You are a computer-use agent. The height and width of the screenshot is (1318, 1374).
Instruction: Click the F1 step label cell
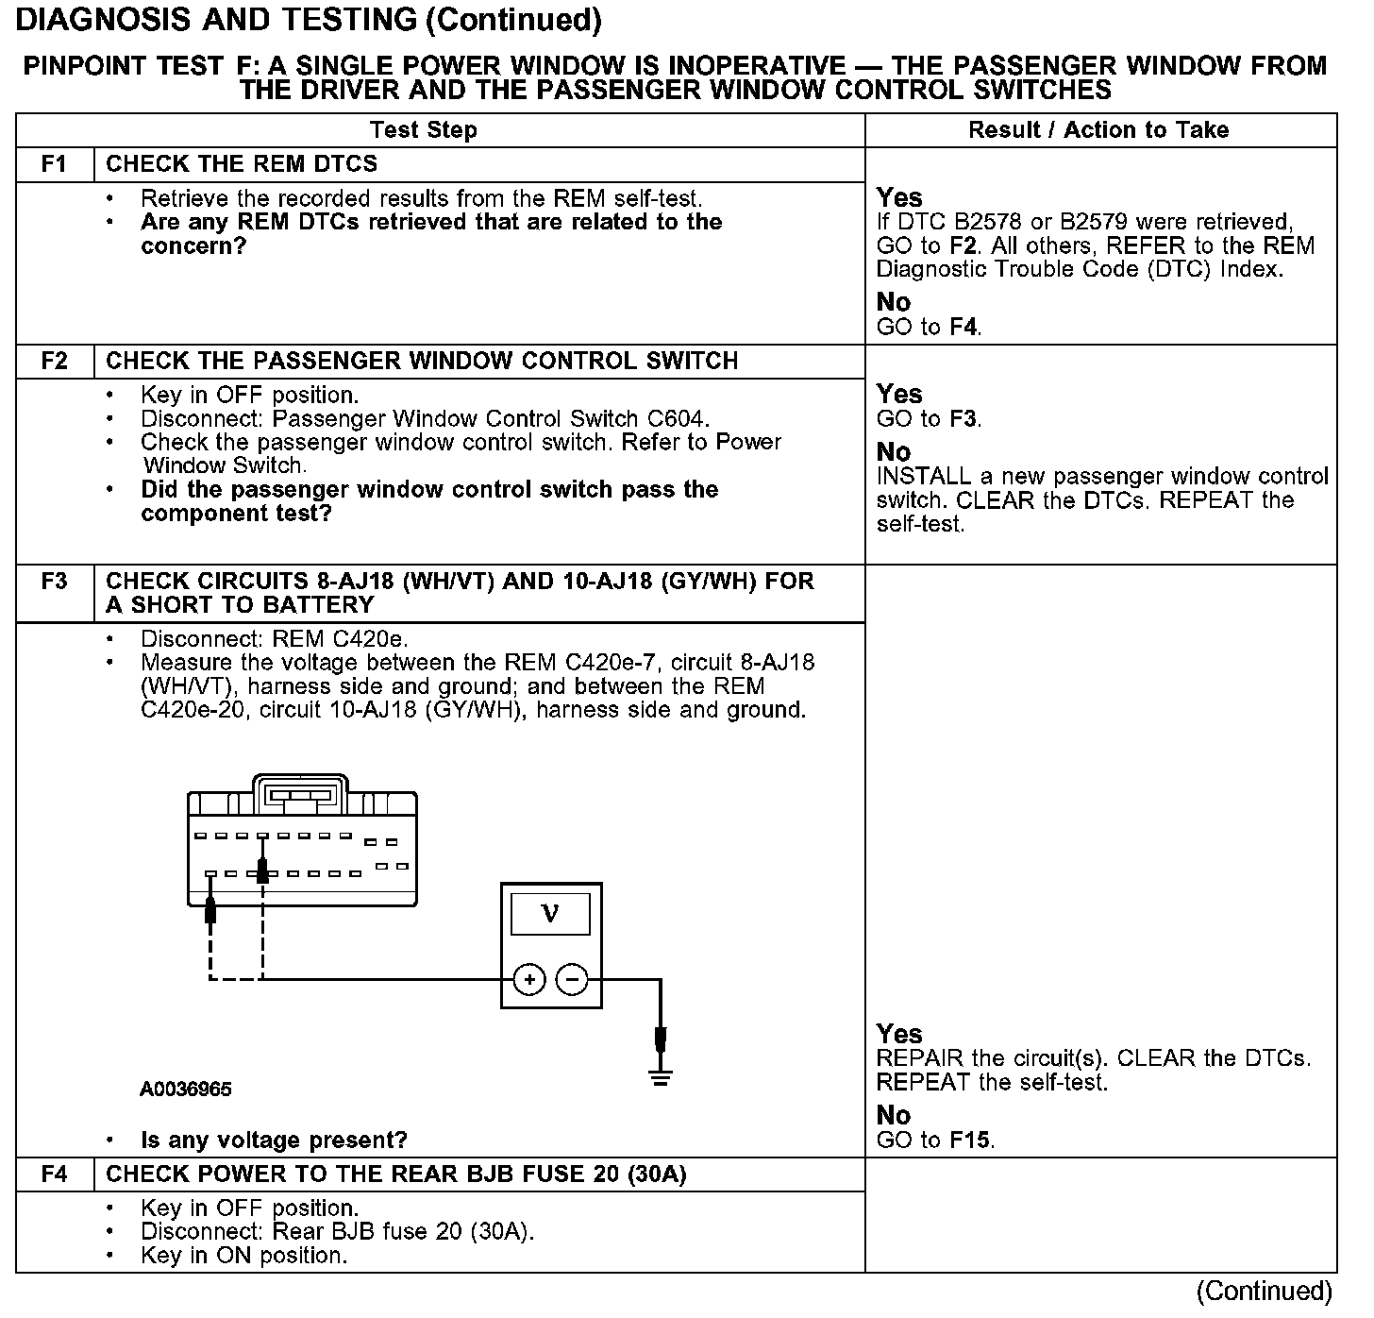click(55, 164)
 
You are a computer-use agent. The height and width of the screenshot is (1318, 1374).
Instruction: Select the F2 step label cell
click(55, 362)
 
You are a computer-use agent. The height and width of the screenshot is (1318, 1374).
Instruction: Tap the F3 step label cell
click(55, 582)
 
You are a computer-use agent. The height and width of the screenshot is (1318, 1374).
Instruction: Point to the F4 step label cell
click(55, 1174)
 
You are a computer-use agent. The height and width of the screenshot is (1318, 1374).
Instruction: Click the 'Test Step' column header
click(423, 130)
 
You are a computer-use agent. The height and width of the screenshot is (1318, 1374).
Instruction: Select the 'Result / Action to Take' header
click(1098, 130)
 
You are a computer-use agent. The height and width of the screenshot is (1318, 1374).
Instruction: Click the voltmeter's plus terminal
click(529, 980)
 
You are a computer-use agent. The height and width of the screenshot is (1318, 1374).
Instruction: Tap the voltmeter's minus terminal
click(572, 980)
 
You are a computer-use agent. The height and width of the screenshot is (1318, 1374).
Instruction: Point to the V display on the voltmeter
click(550, 914)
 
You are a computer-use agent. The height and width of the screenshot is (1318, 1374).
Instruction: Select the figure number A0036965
click(186, 1090)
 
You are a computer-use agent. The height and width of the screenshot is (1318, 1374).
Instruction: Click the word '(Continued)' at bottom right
click(1264, 1291)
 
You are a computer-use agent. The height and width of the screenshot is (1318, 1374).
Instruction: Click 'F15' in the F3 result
click(970, 1141)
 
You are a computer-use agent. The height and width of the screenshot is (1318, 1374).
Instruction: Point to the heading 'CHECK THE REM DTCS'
click(242, 164)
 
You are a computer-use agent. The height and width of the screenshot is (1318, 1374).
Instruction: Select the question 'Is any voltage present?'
click(274, 1141)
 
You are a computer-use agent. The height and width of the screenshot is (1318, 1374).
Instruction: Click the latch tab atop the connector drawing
click(300, 791)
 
